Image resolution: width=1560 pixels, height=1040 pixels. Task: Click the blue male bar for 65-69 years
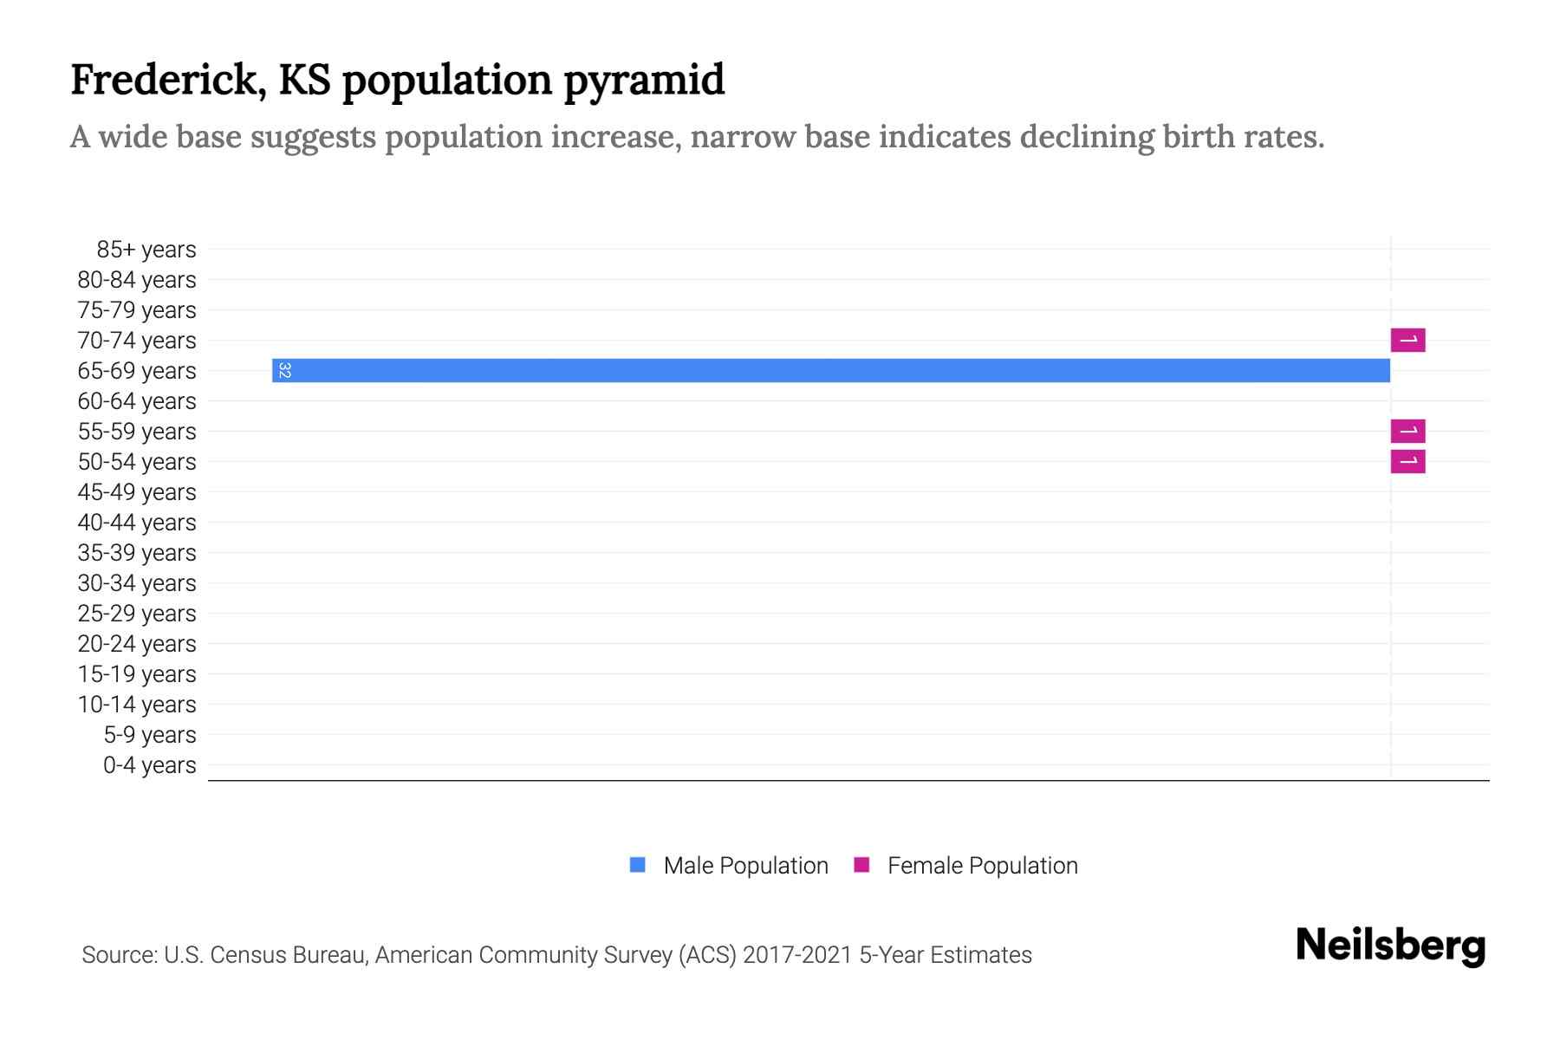point(832,370)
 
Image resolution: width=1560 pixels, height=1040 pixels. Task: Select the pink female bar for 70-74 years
point(1407,340)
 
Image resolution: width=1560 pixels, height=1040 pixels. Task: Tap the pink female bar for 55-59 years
point(1407,431)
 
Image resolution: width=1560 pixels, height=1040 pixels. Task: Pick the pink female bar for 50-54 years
point(1407,461)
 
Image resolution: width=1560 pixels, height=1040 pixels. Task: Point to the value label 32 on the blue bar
point(284,370)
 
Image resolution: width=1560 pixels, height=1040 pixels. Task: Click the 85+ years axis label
point(146,250)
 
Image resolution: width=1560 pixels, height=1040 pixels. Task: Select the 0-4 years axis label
point(149,765)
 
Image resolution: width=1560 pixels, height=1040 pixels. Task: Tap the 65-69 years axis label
point(137,371)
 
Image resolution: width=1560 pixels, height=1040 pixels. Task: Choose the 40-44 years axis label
point(137,523)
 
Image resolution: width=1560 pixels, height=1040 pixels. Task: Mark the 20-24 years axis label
point(137,644)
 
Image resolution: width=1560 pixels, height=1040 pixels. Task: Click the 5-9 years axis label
point(149,735)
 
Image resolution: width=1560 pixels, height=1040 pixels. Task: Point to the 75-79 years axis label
point(137,310)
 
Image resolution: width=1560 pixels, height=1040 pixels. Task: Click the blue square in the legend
point(638,865)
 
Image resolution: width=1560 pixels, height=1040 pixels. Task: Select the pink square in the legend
point(861,865)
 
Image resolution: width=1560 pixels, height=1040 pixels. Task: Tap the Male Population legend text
point(745,866)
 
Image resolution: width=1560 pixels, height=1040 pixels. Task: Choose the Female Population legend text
point(982,866)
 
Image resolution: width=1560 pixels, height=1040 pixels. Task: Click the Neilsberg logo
point(1390,946)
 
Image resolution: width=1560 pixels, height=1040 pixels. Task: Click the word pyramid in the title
point(644,81)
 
